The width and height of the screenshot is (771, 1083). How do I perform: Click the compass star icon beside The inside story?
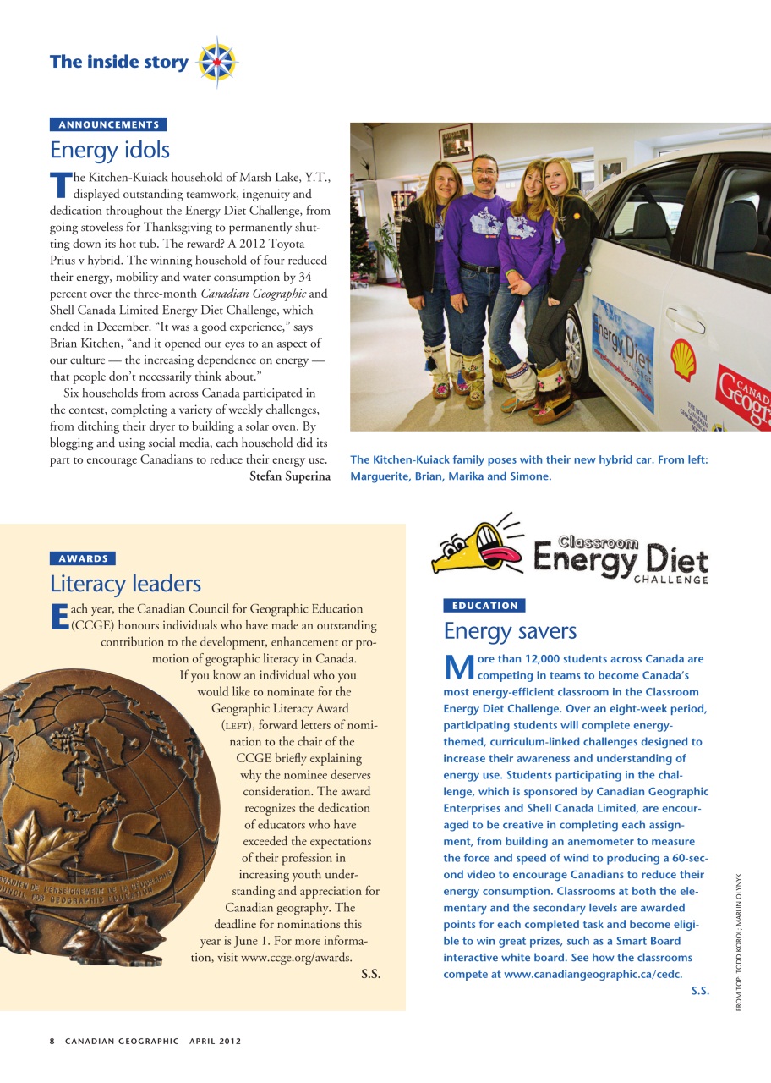[x=216, y=62]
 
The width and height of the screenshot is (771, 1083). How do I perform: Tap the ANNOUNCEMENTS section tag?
[x=108, y=124]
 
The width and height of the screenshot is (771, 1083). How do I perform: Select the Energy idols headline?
[x=110, y=151]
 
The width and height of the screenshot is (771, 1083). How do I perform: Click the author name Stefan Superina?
[x=290, y=476]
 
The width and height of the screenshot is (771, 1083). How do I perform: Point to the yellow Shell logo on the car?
[x=683, y=359]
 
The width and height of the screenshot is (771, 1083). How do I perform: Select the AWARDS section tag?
[x=83, y=558]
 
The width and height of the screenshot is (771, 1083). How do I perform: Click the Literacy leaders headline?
[x=125, y=584]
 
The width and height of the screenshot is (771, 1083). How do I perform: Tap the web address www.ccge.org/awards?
[x=296, y=958]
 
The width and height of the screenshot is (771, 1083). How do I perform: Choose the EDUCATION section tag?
[x=484, y=606]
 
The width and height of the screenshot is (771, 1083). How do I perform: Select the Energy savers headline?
[x=510, y=631]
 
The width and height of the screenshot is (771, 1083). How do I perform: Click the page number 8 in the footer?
[x=52, y=1041]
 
